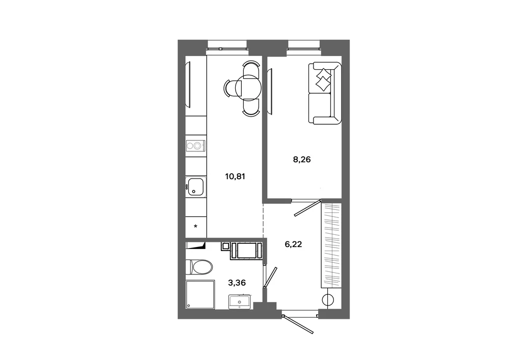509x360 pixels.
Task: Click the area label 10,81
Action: tap(235, 177)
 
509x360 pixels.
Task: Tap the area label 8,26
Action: tap(302, 160)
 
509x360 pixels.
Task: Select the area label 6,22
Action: tap(293, 244)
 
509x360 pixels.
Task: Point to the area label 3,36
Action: tap(237, 283)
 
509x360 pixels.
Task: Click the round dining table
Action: tap(248, 88)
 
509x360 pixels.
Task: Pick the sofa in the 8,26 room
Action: tap(325, 93)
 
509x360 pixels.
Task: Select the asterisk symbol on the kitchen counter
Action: tap(195, 226)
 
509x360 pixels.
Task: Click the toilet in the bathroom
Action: tap(199, 267)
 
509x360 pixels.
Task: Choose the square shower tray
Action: tap(200, 295)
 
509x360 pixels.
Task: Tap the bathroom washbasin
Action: tap(240, 302)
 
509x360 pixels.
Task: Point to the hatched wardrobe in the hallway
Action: tap(331, 245)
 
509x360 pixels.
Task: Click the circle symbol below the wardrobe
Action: tap(328, 300)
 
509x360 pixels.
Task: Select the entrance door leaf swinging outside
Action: tap(298, 324)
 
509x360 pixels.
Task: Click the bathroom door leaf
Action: tap(270, 277)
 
